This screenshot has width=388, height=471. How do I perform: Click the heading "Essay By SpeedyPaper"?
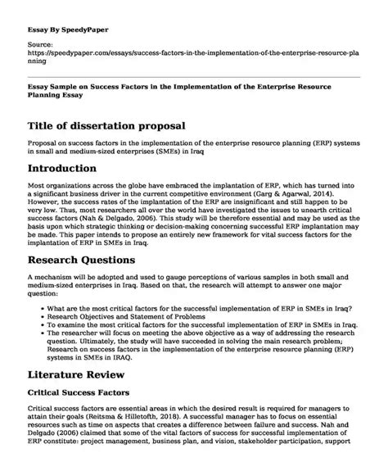click(x=65, y=16)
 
